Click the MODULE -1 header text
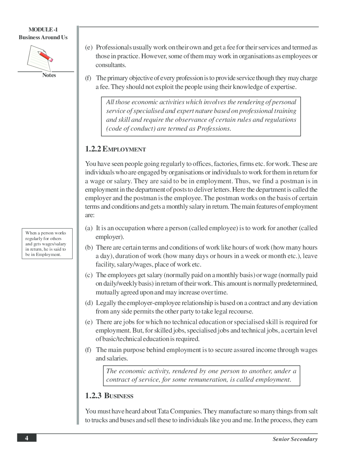(x=43, y=30)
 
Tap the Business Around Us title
(x=43, y=37)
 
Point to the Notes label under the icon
(x=49, y=75)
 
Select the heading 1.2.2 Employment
(x=115, y=149)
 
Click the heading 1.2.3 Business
(x=109, y=396)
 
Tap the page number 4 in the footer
(x=26, y=438)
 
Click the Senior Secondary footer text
(x=295, y=439)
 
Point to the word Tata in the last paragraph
(x=163, y=411)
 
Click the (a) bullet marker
(x=89, y=228)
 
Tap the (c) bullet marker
(x=89, y=275)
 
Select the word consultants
(x=111, y=65)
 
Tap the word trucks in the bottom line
(x=99, y=420)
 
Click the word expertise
(x=283, y=87)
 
